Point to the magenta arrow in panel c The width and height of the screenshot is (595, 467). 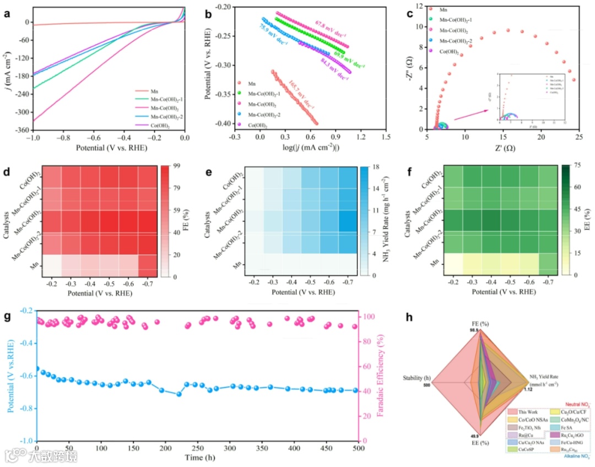[472, 115]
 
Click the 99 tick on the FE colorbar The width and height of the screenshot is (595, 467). [178, 165]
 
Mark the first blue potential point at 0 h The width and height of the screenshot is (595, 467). [37, 368]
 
